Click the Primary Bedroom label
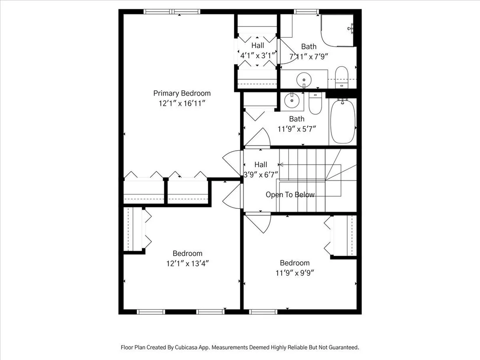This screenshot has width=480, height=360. [x=182, y=94]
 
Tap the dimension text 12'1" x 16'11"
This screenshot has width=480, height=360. [x=182, y=104]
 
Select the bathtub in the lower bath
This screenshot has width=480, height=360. [x=343, y=121]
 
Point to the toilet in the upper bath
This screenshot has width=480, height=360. [x=342, y=77]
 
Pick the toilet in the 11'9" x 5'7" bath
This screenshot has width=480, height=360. [x=315, y=103]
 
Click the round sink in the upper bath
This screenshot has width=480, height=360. [x=304, y=80]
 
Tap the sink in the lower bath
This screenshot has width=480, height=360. [x=292, y=100]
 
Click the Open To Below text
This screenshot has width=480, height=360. [x=290, y=195]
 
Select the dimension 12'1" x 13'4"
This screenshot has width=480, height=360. [x=188, y=263]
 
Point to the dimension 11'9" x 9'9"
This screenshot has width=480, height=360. [x=295, y=273]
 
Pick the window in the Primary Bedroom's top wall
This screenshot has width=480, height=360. [x=172, y=12]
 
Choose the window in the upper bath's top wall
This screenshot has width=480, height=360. [x=306, y=12]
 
